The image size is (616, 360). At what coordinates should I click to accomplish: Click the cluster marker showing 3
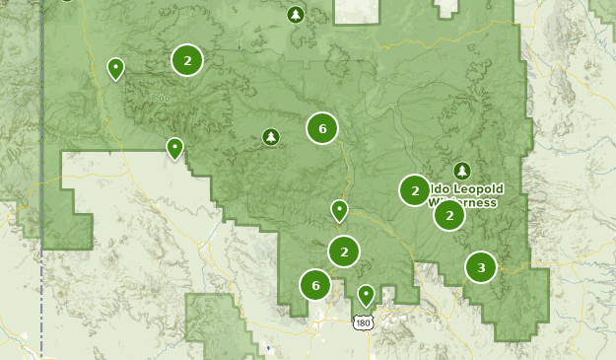click(481, 266)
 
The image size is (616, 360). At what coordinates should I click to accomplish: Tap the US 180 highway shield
click(363, 322)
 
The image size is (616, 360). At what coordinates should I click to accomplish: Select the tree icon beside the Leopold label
click(462, 170)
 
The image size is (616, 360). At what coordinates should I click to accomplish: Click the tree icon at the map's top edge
click(296, 14)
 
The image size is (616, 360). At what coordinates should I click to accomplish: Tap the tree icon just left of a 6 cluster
click(271, 137)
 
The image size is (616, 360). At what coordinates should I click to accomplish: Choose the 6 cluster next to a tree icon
click(321, 127)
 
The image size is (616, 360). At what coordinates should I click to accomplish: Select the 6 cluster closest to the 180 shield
click(315, 285)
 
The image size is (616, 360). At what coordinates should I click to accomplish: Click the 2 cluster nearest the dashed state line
click(187, 60)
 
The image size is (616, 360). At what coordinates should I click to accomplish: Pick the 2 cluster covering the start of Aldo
click(415, 189)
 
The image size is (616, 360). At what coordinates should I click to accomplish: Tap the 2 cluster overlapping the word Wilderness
click(449, 214)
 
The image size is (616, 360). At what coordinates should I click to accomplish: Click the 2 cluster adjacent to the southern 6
click(344, 252)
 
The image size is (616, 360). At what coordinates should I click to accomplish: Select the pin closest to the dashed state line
click(116, 68)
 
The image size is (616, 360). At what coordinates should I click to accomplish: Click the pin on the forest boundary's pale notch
click(174, 148)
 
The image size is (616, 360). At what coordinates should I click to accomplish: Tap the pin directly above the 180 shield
click(367, 293)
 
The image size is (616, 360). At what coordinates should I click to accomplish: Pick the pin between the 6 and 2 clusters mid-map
click(339, 210)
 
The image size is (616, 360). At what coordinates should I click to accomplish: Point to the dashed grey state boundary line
click(42, 296)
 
